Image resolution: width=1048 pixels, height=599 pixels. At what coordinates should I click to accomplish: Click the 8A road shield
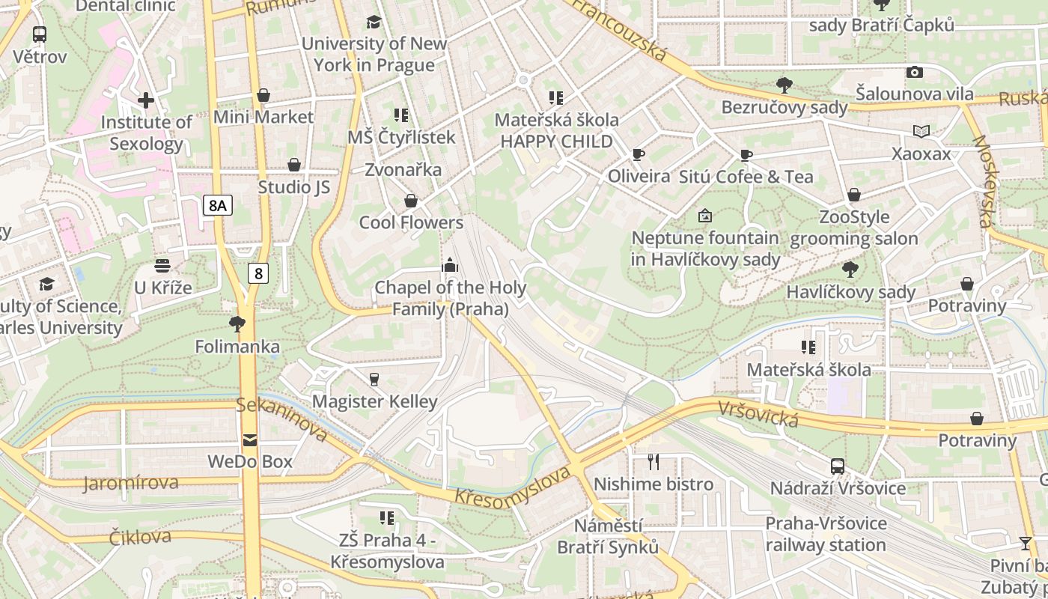[217, 205]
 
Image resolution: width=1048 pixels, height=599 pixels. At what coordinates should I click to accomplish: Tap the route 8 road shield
[258, 273]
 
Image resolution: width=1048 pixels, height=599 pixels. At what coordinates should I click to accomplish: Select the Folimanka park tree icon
[237, 324]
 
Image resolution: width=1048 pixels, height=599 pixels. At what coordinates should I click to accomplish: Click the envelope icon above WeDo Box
[249, 440]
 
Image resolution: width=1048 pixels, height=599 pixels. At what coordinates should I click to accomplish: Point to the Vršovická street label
[758, 414]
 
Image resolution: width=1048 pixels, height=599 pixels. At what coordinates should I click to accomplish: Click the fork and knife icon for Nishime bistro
[654, 461]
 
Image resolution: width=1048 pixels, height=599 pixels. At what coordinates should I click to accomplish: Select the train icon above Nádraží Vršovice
[838, 466]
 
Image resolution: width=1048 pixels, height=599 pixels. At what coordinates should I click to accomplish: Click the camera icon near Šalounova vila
[914, 72]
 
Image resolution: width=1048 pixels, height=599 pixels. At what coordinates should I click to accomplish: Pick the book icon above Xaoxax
[921, 132]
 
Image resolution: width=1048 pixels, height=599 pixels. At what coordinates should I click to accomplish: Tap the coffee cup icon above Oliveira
[638, 154]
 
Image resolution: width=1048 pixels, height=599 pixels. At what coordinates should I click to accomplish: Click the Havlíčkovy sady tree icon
[850, 269]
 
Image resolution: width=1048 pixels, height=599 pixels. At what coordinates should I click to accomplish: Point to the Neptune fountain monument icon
[704, 216]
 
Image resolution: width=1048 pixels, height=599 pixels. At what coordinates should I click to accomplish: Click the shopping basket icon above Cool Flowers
[410, 201]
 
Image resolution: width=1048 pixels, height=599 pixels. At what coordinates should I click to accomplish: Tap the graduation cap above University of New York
[374, 22]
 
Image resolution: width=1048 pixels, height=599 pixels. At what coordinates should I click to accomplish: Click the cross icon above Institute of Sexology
[146, 100]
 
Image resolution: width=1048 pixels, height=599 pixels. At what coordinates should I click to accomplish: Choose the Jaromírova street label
[131, 483]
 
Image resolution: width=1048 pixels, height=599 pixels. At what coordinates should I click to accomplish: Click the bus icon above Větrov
[40, 34]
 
